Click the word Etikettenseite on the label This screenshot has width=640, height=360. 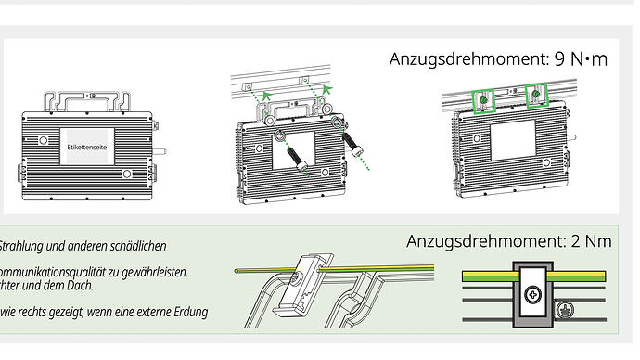(x=87, y=147)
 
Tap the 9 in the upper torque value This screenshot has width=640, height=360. (x=559, y=59)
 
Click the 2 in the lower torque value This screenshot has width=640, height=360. (x=575, y=241)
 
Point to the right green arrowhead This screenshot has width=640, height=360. (x=326, y=89)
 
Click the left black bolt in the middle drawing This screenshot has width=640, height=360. (x=298, y=160)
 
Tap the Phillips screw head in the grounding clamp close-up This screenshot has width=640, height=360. (x=532, y=294)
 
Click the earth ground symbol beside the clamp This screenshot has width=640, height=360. (x=565, y=309)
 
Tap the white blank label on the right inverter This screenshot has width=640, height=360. (x=513, y=140)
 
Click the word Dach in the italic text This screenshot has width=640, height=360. (x=83, y=285)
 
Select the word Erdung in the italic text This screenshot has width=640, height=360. (x=191, y=313)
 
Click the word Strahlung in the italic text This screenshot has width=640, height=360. (x=20, y=246)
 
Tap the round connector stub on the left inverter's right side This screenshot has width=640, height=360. (x=160, y=152)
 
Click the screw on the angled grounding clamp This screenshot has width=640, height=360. (x=296, y=277)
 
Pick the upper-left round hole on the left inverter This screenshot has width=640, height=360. (x=43, y=140)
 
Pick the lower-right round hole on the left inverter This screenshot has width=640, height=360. (x=127, y=174)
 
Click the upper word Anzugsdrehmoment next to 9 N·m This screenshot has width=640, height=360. (x=469, y=59)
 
